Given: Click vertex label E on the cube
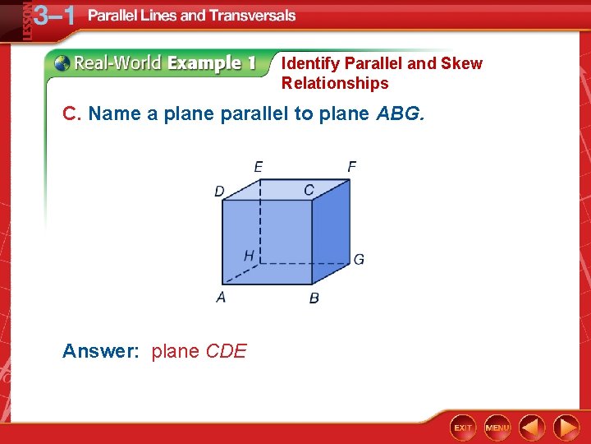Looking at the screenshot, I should click(259, 167).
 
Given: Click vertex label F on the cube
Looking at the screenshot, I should click(351, 167).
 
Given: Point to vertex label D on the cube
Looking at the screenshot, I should click(219, 192).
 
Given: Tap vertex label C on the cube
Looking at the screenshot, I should click(309, 190).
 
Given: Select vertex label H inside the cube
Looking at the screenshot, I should click(249, 256).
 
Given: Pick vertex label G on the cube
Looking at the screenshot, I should click(359, 260).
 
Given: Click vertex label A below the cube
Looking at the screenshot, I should click(221, 297).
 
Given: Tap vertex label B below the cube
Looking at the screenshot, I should click(314, 298).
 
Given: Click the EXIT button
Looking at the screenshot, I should click(463, 428).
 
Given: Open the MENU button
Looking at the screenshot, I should click(497, 428).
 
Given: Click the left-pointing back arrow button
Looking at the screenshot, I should click(532, 428).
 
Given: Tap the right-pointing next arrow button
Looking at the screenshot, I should click(566, 428).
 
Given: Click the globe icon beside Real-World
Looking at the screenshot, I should click(62, 63).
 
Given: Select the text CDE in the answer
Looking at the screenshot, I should click(226, 352).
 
